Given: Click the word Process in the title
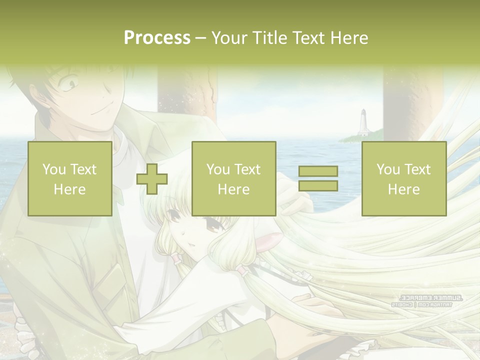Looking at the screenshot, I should [157, 37].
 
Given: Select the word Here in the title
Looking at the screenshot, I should [349, 37].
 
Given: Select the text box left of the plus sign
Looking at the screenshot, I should [69, 179].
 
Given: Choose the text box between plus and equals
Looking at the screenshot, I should [233, 179].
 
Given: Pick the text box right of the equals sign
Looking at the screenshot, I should [403, 179].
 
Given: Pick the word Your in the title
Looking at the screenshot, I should [227, 37].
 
